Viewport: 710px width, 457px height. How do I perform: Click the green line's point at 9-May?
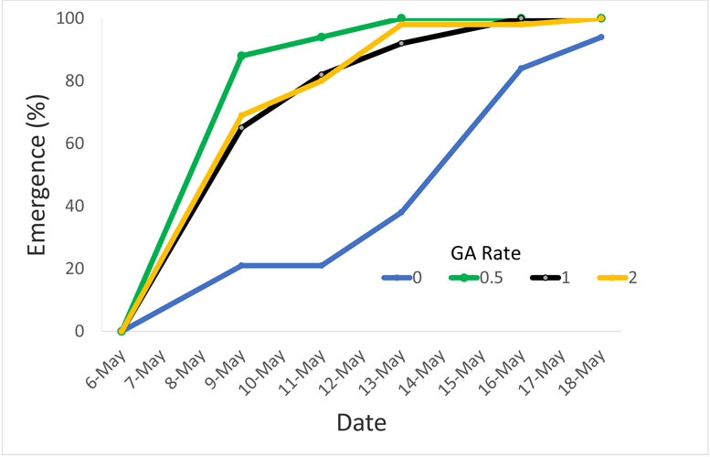(241, 56)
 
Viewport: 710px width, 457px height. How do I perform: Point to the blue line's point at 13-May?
(401, 212)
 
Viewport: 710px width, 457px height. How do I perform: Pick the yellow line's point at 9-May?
(241, 115)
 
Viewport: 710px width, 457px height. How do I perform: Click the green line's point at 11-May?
(322, 37)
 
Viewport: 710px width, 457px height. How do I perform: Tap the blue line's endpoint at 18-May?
(600, 37)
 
